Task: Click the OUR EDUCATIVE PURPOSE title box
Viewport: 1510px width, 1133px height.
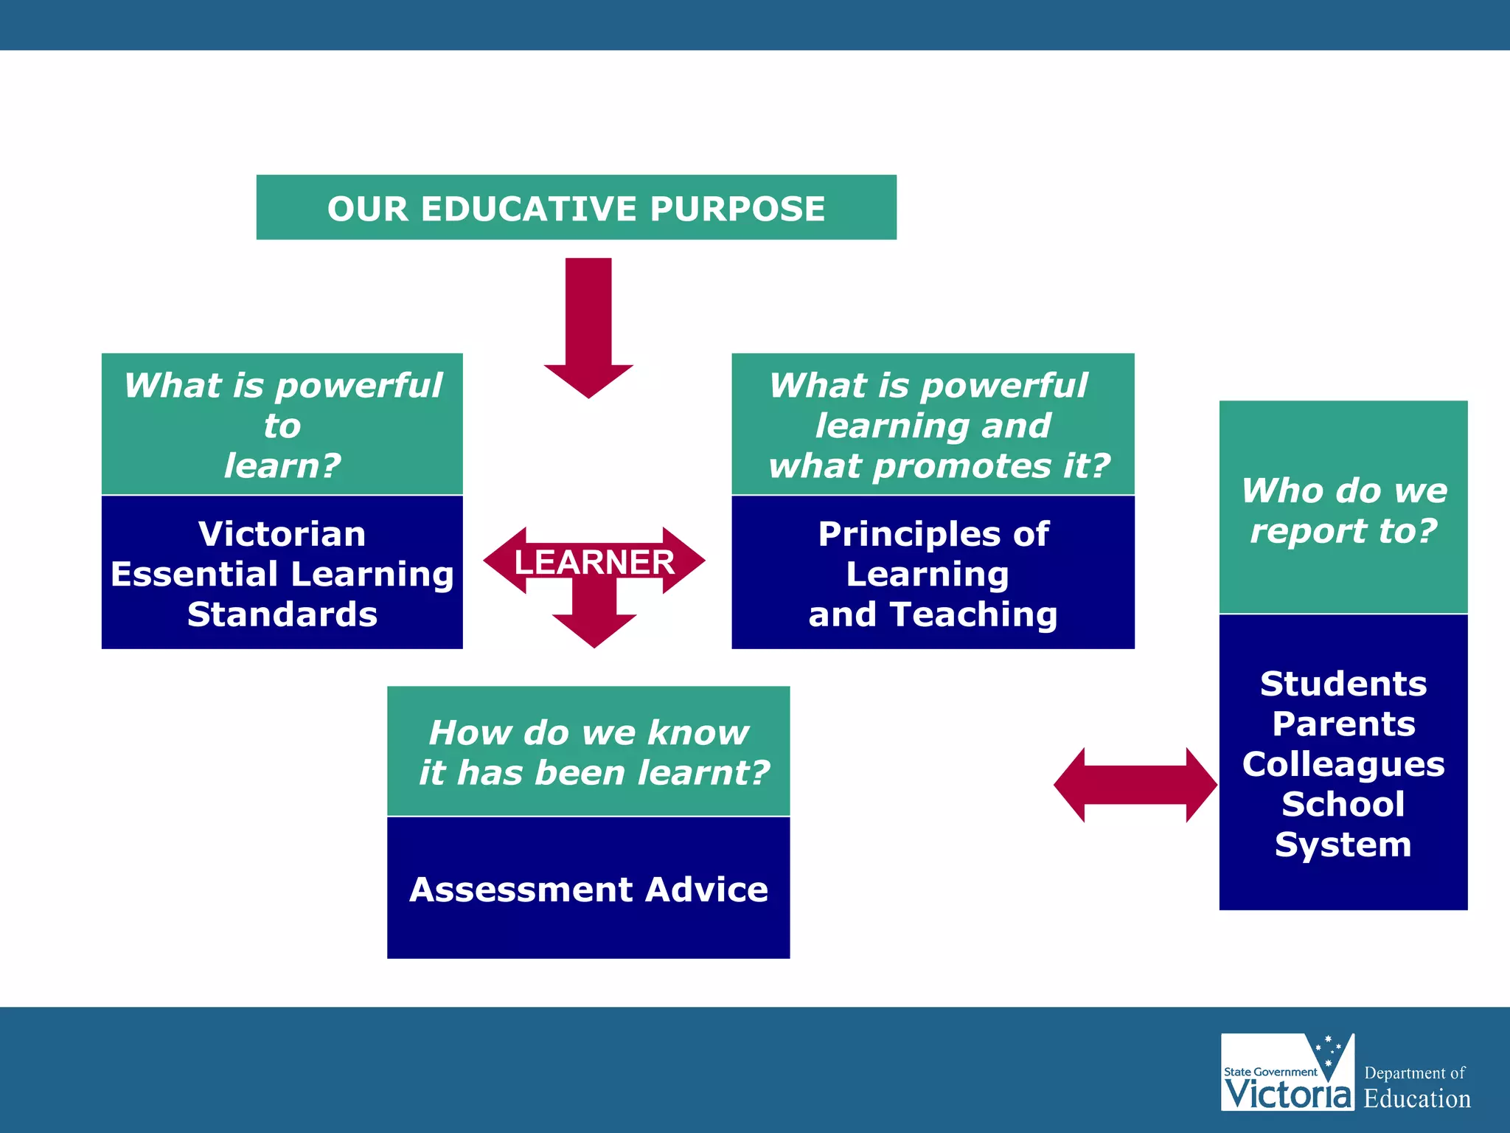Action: (x=576, y=208)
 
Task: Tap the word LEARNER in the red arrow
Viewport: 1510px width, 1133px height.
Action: (x=594, y=562)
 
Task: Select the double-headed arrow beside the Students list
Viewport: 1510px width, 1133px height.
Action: (x=1135, y=785)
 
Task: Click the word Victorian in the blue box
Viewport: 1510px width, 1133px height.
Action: (x=282, y=534)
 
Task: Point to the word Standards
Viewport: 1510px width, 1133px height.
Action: (x=282, y=614)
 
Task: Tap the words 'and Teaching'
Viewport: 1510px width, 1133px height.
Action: (x=933, y=614)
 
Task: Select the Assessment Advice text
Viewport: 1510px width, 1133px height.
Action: (x=588, y=890)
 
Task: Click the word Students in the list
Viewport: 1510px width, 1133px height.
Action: (x=1343, y=684)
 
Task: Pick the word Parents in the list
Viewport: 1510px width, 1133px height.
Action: (x=1343, y=724)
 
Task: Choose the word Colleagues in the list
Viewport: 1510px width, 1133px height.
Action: (x=1343, y=764)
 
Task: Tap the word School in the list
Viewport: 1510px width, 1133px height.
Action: (x=1343, y=804)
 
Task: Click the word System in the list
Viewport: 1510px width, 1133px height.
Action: (x=1343, y=845)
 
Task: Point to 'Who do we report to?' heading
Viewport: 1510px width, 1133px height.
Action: (x=1343, y=510)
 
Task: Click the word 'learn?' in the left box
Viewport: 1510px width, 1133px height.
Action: (x=282, y=466)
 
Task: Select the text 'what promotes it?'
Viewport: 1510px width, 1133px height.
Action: (x=939, y=466)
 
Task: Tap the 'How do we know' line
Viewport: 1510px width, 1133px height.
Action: (x=588, y=732)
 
